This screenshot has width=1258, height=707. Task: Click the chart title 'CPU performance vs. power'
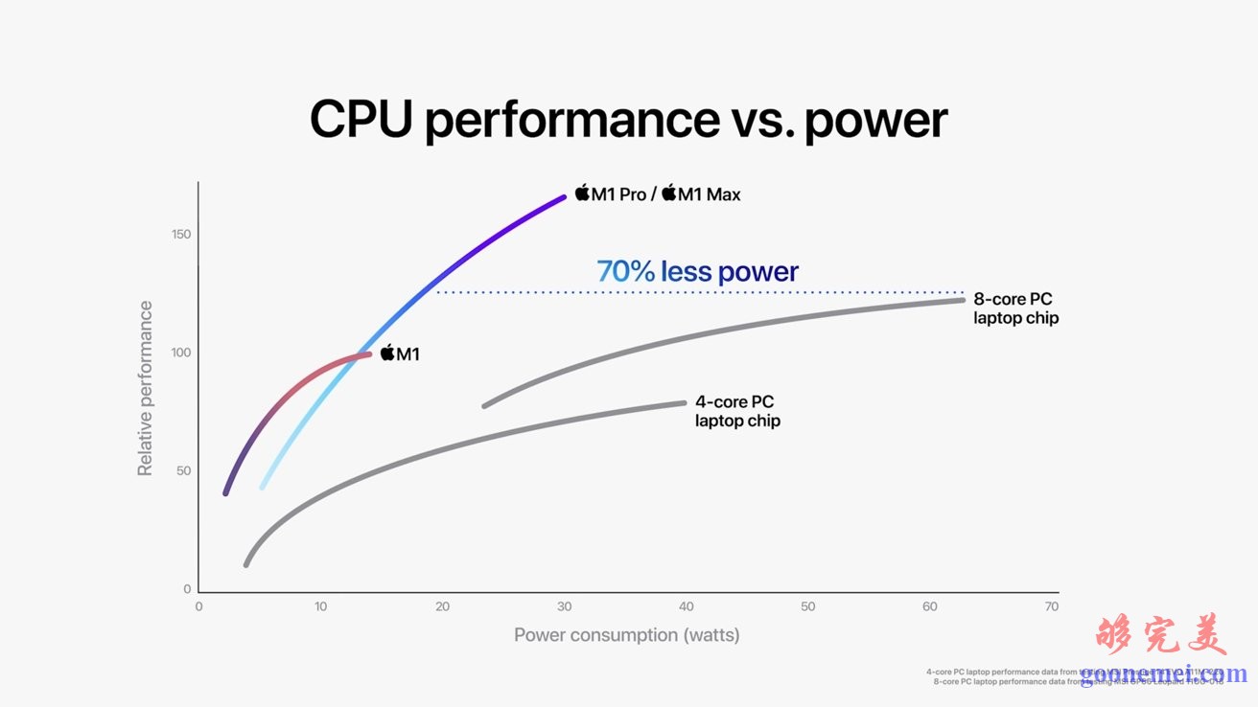pos(628,120)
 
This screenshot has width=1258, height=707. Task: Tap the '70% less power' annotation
pos(697,272)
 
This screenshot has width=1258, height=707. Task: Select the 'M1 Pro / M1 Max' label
pos(658,194)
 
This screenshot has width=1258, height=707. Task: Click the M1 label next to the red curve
pos(400,354)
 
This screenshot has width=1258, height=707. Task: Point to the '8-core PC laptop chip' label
pos(1015,308)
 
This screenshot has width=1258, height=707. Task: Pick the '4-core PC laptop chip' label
pos(736,411)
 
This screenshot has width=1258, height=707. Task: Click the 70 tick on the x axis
pos(1052,607)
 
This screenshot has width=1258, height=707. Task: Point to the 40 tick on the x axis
pos(687,607)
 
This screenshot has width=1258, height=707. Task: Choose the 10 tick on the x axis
pos(320,607)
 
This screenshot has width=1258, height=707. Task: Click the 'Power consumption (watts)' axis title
pos(626,635)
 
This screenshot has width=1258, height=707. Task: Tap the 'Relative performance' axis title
pos(146,388)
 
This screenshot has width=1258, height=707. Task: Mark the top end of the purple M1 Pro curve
pos(564,197)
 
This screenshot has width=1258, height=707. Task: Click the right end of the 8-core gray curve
pos(962,300)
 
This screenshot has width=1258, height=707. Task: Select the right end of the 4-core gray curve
pos(684,402)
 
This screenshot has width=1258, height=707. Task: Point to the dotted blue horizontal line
pos(700,292)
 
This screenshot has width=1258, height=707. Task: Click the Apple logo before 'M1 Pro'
pos(581,194)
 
